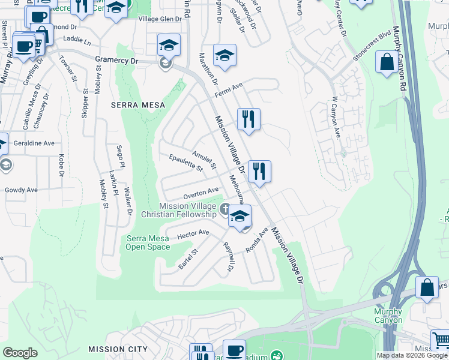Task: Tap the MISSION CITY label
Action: point(118,349)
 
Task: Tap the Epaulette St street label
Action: point(186,163)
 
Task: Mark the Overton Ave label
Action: point(200,192)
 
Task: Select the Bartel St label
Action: point(187,259)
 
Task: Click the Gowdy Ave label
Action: point(21,190)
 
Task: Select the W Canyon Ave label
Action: point(336,118)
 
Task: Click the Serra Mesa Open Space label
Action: point(148,242)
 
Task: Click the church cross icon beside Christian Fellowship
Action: point(224,209)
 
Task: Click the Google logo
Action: point(20,352)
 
